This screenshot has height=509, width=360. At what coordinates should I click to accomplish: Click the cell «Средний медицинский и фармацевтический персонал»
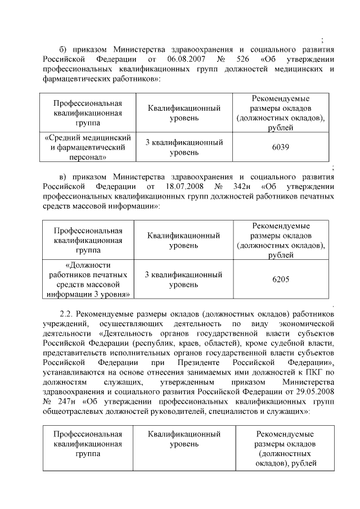pos(88,147)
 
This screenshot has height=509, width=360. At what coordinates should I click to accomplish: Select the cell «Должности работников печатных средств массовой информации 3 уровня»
pos(88,279)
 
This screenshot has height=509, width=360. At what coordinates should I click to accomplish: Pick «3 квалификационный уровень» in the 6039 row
pos(183,147)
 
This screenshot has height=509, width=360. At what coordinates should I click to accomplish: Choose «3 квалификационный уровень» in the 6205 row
pos(183,279)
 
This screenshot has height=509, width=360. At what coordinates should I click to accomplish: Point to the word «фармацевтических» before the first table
pos(74,79)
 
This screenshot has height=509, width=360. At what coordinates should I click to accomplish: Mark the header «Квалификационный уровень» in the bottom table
pos(183,439)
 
